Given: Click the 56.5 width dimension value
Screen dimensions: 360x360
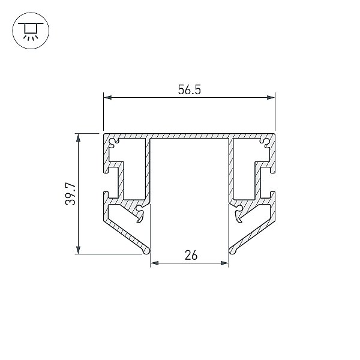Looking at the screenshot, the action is click(190, 90).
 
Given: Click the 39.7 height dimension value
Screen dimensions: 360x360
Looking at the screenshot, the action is click(70, 194).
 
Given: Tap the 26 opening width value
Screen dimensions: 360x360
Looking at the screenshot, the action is click(191, 256).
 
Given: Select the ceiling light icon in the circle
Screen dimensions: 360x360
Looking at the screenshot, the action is click(31, 31).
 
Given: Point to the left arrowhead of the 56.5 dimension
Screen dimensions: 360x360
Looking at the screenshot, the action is click(107, 98).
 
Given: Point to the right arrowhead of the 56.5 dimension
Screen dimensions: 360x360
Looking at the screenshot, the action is click(271, 98).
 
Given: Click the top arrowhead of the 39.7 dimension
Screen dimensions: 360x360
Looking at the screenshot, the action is click(78, 138).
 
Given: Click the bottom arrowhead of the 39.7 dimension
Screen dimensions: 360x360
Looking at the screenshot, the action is click(78, 250).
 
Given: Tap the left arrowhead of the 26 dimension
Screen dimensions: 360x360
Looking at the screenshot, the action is click(155, 263).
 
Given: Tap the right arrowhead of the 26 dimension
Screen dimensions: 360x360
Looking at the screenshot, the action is click(224, 263).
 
